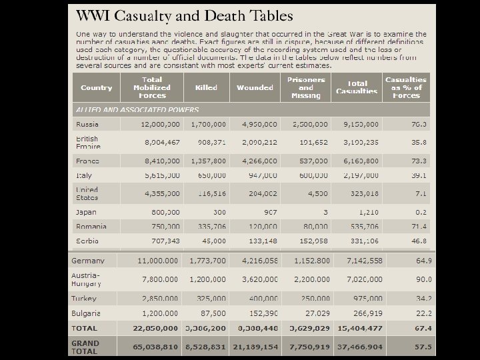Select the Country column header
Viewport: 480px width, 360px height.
(97, 87)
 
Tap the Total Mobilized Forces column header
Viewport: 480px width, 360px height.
(151, 87)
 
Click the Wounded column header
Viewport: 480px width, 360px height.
(255, 87)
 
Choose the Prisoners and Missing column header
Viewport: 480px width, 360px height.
(306, 87)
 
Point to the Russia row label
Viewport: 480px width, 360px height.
(87, 124)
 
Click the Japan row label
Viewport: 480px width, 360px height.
(87, 211)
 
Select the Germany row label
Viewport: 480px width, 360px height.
(88, 260)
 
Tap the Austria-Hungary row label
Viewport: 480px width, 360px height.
(87, 279)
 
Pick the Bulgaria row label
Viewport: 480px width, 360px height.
(87, 313)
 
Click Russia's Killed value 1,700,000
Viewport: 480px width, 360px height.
(209, 124)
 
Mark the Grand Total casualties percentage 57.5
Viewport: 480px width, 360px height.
(422, 347)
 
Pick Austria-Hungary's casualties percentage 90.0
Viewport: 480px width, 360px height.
(422, 279)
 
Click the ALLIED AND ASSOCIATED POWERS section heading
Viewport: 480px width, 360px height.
(137, 108)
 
